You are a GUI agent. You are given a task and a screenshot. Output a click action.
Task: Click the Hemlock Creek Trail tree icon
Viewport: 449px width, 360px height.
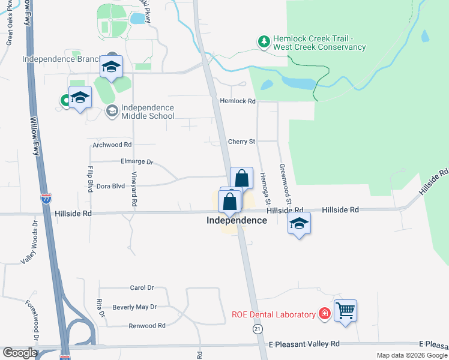(x=263, y=41)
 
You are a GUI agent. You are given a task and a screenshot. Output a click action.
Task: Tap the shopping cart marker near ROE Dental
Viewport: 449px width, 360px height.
(x=345, y=311)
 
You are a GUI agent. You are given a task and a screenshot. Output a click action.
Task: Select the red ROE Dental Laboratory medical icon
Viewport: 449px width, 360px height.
(x=325, y=314)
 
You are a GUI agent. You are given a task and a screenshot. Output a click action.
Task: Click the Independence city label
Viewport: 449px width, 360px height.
(x=237, y=220)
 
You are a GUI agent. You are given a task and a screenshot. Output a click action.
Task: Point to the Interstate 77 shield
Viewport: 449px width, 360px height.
(x=47, y=198)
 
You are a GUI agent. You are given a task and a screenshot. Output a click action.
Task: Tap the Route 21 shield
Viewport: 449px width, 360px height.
(x=258, y=329)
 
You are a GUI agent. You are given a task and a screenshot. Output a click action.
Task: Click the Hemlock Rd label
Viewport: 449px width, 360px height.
(x=238, y=101)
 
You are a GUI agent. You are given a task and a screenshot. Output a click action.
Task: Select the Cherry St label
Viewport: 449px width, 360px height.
(x=242, y=142)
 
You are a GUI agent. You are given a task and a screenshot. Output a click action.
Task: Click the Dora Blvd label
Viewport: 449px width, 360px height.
(x=110, y=186)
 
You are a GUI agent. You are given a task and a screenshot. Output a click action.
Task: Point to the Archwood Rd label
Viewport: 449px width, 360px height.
(x=112, y=145)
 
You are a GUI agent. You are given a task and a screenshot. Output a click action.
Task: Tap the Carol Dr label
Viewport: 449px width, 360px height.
(x=142, y=288)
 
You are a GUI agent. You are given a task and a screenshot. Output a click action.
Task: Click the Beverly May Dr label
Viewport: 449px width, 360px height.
(x=134, y=307)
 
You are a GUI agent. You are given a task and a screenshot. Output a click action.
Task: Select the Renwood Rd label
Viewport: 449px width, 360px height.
(x=147, y=326)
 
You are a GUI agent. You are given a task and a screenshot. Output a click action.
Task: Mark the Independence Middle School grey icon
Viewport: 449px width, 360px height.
(x=112, y=110)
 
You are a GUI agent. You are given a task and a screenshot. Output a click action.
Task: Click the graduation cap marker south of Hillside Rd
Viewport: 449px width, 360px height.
(x=299, y=224)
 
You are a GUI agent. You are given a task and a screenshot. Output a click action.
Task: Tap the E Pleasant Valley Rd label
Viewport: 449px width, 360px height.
(x=304, y=344)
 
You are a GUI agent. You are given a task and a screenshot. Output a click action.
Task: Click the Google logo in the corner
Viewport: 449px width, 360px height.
(x=19, y=353)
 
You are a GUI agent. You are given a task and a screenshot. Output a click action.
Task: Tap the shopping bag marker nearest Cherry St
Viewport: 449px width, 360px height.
(x=241, y=178)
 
